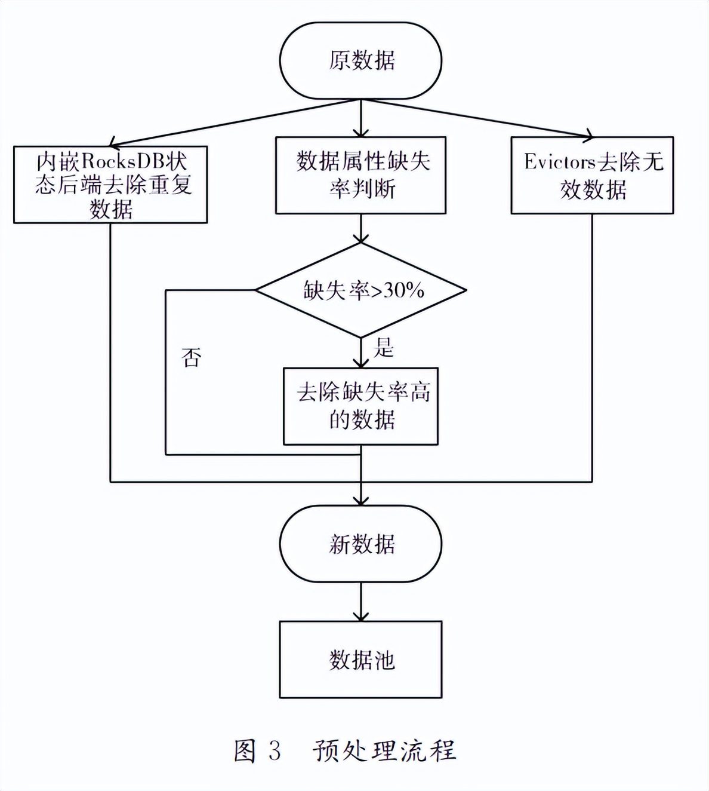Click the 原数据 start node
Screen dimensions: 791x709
360,60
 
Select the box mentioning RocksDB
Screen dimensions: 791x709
110,185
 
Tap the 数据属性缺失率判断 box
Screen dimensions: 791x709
360,175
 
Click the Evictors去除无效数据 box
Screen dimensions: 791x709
592,175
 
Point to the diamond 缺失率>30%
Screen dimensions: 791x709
360,290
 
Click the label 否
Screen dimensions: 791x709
192,358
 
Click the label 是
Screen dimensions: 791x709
384,348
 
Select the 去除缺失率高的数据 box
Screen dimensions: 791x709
360,406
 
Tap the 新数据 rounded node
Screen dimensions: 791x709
360,544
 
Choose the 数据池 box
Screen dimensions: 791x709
360,660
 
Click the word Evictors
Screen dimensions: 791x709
560,162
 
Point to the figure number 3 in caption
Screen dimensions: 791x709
274,750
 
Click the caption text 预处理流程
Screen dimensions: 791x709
385,750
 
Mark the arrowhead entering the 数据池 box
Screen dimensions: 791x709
360,615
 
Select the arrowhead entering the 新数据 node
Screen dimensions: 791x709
360,499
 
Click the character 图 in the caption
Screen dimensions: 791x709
245,750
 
